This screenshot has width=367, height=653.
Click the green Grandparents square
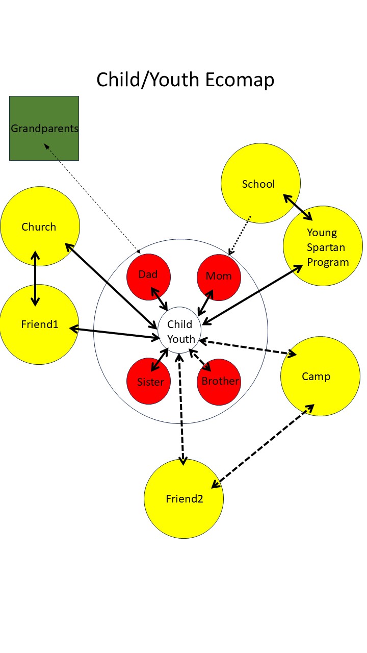point(44,128)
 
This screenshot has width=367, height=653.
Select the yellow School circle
point(260,184)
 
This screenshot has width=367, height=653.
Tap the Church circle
point(40,226)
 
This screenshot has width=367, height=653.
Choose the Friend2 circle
point(183,499)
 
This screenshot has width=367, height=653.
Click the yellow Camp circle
point(320,376)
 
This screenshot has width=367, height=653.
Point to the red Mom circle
point(219,277)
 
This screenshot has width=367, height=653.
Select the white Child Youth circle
point(180,331)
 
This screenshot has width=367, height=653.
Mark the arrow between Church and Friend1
point(35,278)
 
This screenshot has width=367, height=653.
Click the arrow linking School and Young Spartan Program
point(298,207)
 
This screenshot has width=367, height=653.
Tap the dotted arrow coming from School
point(240,235)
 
